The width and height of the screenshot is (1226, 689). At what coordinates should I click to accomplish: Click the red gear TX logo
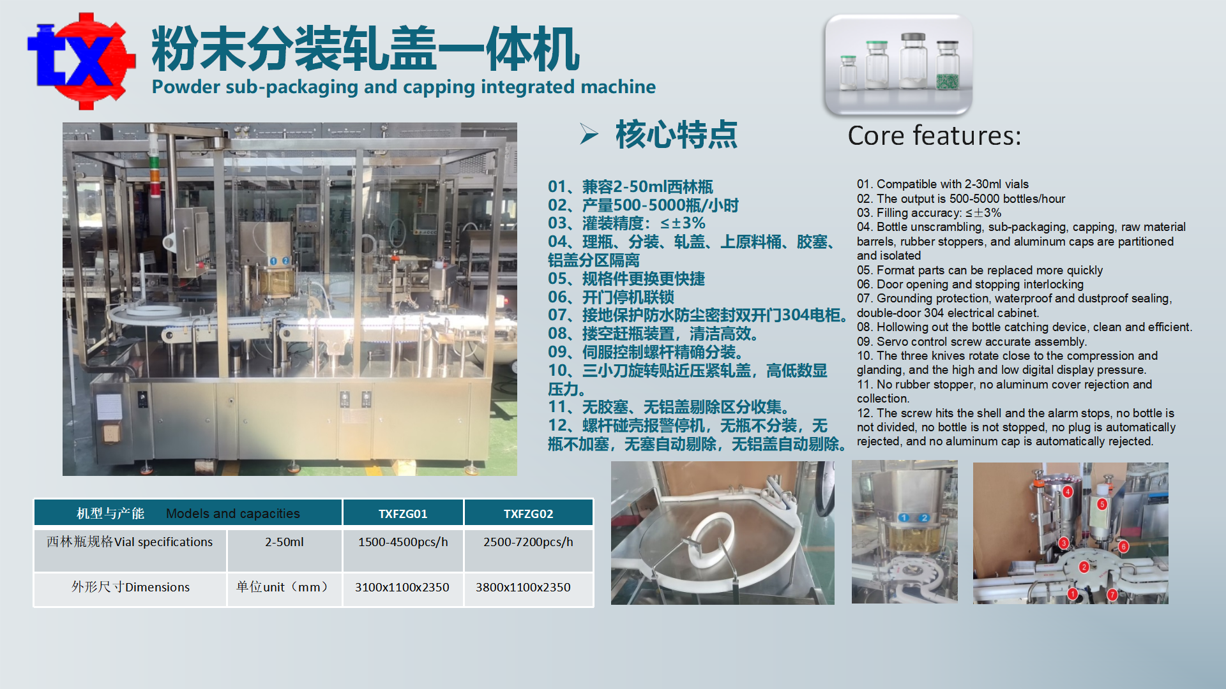coord(81,61)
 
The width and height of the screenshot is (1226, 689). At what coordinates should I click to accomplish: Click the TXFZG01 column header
coord(403,514)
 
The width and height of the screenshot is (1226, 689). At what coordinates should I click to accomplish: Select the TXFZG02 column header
coord(528,514)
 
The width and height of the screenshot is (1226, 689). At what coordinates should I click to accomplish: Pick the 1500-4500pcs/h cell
coord(403,542)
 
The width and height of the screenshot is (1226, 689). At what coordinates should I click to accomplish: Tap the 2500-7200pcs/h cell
coord(528,542)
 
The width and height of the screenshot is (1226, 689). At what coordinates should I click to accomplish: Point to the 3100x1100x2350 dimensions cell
coord(402,588)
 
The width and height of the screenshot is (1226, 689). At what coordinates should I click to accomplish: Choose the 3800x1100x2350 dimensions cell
coord(523,588)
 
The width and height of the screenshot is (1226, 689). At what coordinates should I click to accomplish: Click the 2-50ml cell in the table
coord(284,542)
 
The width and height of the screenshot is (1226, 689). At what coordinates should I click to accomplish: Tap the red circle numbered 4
coord(1068,492)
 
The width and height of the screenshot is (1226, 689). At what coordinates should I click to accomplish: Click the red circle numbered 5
coord(1101,504)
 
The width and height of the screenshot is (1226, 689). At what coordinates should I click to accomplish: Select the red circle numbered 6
coord(1123,547)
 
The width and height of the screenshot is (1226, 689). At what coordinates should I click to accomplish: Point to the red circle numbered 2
coord(1084,567)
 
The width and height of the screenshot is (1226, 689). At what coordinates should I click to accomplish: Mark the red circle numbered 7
coord(1112,595)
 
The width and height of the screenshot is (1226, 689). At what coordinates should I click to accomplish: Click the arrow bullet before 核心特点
coord(589,134)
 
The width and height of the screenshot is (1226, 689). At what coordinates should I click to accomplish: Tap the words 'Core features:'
coord(934,136)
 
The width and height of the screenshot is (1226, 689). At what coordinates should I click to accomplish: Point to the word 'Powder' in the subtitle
coord(186,87)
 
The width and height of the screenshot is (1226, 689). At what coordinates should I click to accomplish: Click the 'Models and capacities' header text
coord(232,514)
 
